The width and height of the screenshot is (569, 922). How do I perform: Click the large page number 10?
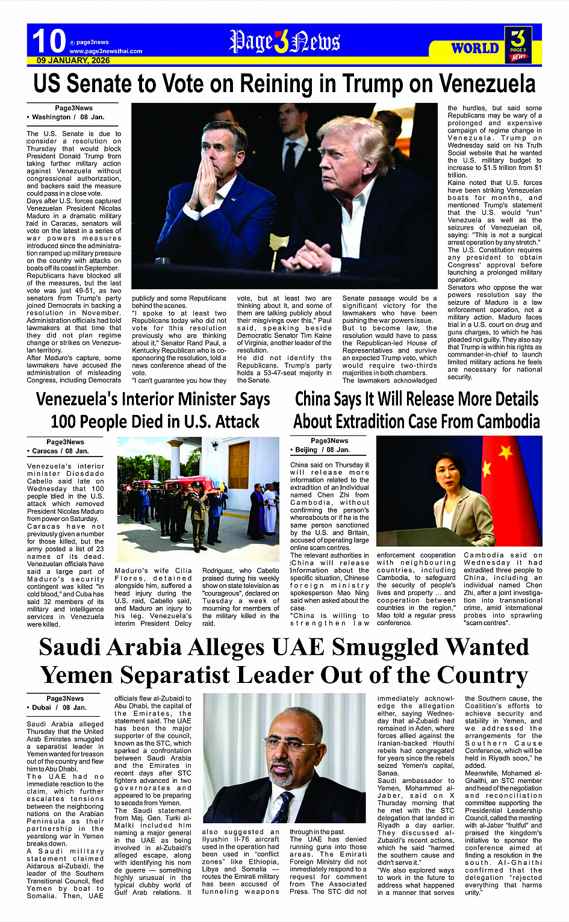[x=49, y=41]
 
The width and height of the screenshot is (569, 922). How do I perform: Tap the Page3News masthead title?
[x=284, y=42]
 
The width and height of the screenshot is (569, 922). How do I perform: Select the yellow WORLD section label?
[x=475, y=48]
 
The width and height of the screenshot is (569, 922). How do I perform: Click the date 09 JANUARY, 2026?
[x=73, y=61]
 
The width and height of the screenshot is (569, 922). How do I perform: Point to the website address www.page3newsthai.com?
[x=105, y=51]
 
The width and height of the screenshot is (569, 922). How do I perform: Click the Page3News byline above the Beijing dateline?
[x=329, y=441]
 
